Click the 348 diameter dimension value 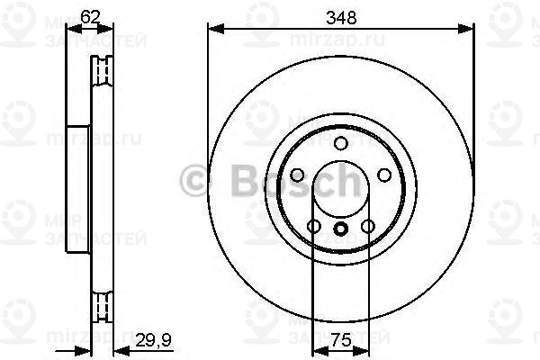pos(340,15)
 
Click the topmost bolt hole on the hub pos(340,144)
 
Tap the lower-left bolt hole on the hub pos(313,226)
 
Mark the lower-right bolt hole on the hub pos(367,226)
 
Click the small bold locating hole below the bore pos(340,229)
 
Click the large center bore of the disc pos(340,190)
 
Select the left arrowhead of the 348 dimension pos(212,30)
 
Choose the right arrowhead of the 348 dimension pos(468,30)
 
